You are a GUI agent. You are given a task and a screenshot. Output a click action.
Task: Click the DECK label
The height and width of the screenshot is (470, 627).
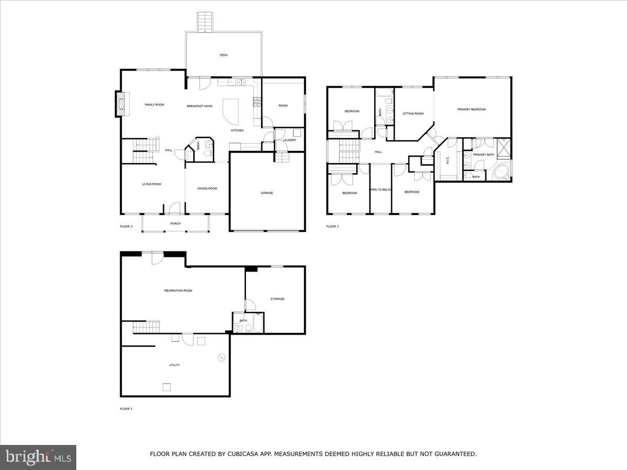click(224, 55)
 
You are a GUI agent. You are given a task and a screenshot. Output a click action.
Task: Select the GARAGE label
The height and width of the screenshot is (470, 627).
click(267, 193)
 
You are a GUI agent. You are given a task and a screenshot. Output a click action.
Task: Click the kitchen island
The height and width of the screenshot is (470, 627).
click(230, 110)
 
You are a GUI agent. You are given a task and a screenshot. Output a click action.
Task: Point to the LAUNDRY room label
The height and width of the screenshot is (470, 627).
click(289, 140)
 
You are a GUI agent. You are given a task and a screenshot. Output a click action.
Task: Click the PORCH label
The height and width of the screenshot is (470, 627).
click(176, 224)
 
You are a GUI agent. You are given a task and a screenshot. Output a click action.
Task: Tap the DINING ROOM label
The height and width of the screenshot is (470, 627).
click(207, 189)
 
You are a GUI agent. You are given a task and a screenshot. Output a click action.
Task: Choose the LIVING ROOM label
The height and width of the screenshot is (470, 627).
click(152, 184)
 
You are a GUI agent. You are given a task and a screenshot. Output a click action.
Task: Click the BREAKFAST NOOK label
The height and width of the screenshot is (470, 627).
click(200, 106)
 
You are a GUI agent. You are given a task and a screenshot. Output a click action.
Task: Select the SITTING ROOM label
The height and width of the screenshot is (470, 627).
click(413, 113)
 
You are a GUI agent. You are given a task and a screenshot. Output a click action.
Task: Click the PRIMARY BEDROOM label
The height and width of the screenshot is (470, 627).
click(471, 109)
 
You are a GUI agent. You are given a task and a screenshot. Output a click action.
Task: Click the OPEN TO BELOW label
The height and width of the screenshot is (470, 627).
click(381, 190)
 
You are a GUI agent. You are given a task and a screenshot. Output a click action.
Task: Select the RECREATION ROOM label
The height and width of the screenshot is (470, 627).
click(178, 290)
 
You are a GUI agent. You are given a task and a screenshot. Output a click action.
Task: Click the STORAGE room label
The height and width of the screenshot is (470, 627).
click(277, 299)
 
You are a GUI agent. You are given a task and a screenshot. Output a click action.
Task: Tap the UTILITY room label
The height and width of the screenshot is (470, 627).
click(175, 365)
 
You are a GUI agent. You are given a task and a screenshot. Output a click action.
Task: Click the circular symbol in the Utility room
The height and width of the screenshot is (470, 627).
click(221, 358)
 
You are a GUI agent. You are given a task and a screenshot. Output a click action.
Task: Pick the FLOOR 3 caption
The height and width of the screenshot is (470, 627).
click(332, 227)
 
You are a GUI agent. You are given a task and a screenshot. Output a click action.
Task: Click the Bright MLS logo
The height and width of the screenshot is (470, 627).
click(38, 457)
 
